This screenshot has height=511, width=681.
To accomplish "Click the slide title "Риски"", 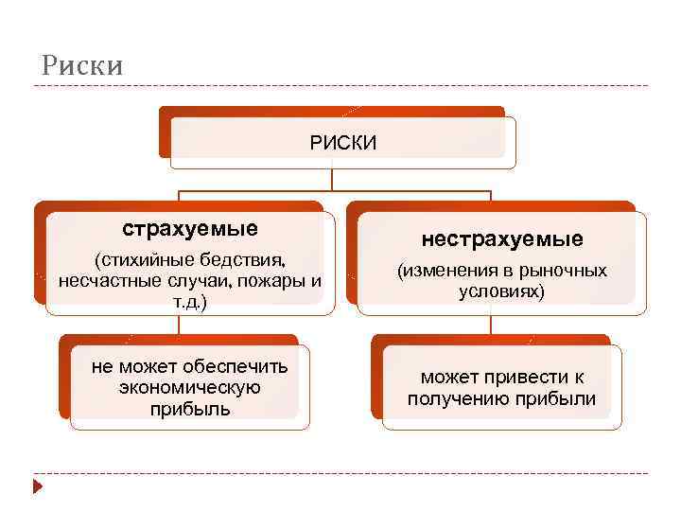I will pos(82,65).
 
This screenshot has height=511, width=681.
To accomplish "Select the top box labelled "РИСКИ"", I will pos(343,142).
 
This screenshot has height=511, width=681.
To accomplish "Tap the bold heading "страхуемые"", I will pos(190,229).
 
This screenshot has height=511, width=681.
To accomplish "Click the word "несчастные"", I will pos(102,281).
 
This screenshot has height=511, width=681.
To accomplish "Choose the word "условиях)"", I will pos(501,291).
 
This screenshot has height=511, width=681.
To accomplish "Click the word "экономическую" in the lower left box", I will pos(190,388).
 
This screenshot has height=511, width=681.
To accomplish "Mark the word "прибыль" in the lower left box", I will pos(190,409).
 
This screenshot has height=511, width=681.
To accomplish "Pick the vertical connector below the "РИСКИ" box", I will pos(331,180).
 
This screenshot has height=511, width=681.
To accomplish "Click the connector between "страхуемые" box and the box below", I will pos(179,325).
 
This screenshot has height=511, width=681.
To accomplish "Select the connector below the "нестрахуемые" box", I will pos(491,325).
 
